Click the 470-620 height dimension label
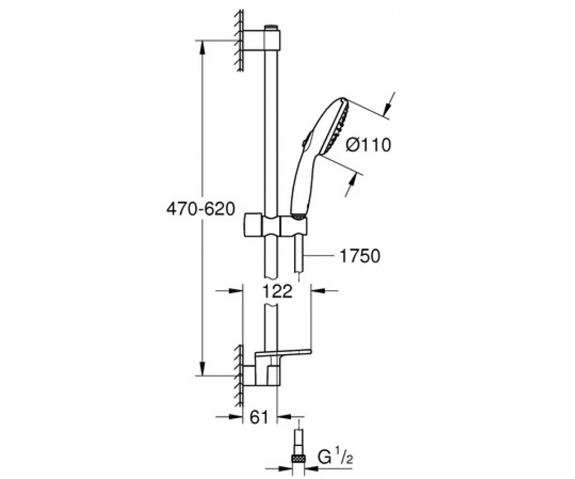pos(200,209)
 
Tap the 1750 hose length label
pos(360,256)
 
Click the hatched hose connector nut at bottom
pos(299,458)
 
